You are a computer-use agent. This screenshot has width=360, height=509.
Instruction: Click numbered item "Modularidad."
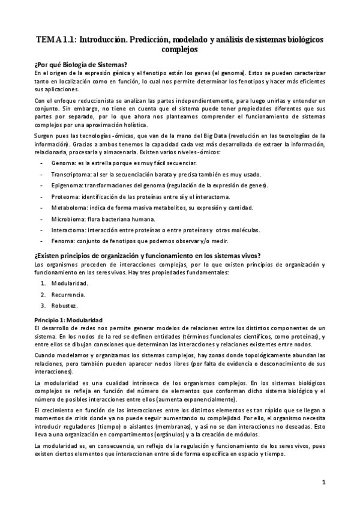coord(70,283)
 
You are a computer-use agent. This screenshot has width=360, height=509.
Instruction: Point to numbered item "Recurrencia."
coord(68,295)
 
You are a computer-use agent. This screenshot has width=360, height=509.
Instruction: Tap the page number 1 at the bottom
coord(323,482)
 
